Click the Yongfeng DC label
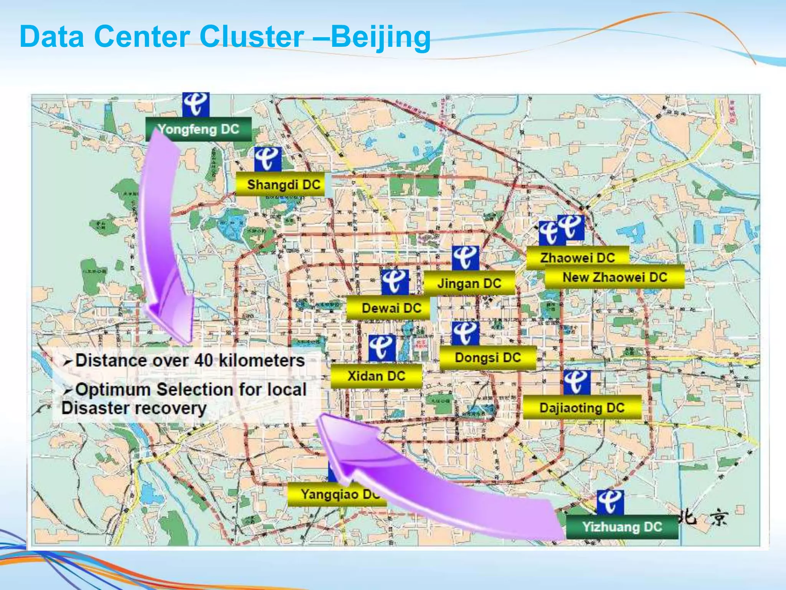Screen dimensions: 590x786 pos(198,129)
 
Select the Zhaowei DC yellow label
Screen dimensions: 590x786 pos(577,257)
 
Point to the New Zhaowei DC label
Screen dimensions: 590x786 pos(615,277)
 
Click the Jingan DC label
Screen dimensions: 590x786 pos(469,283)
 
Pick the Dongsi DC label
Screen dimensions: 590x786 pos(487,358)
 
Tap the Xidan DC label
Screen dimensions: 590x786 pos(376,376)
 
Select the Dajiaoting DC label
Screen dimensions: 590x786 pos(582,408)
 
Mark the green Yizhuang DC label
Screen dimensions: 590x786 pos(622,527)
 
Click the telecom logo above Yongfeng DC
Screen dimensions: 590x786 pos(196,104)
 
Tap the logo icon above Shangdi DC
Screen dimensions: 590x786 pos(268,159)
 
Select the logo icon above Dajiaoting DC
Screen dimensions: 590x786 pos(577,382)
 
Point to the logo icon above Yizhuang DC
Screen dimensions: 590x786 pos(610,502)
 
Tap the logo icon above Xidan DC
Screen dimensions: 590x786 pos(382,348)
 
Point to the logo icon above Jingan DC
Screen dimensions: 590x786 pos(466,258)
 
